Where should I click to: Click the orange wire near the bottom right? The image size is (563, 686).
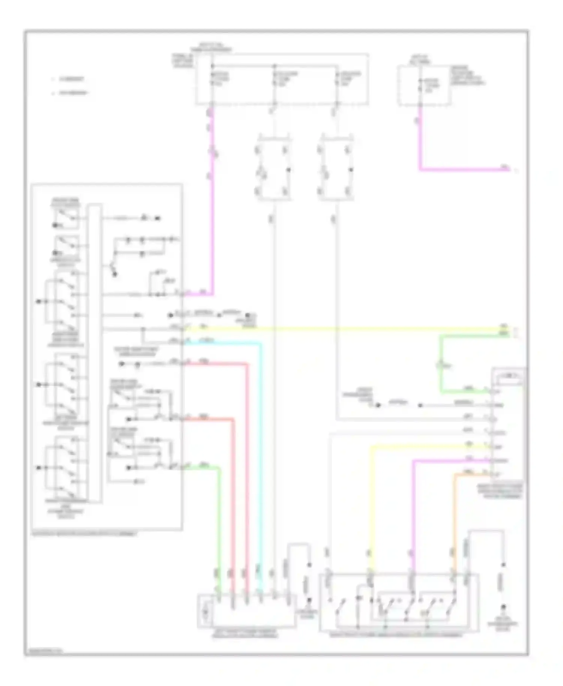point(454,518)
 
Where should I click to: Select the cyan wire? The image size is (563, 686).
point(261,450)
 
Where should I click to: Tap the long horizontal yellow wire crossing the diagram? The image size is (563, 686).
point(338,329)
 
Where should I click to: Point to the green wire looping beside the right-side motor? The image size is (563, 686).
point(441,364)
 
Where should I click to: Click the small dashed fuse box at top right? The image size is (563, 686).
point(424,86)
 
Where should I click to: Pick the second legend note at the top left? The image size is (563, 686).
point(71,93)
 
